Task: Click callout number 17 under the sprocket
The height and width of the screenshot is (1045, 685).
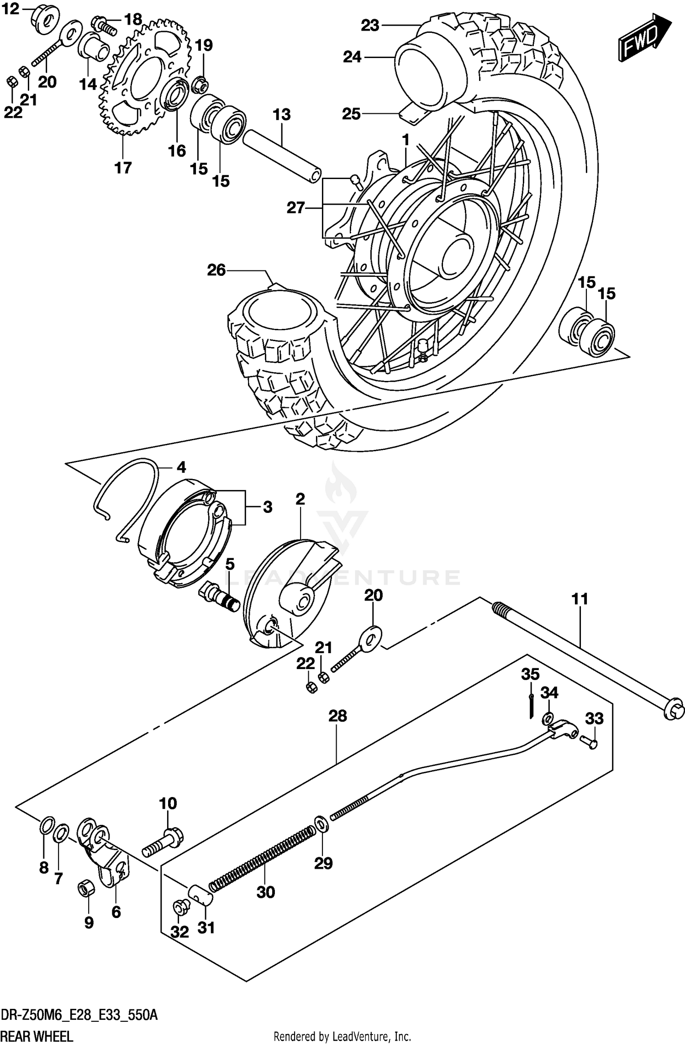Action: point(123,168)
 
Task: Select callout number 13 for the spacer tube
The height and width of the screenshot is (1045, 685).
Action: point(282,114)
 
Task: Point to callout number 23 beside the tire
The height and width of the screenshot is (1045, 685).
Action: point(370,26)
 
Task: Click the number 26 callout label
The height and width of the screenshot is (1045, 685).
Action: point(216,270)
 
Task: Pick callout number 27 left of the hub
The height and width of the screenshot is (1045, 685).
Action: point(295,208)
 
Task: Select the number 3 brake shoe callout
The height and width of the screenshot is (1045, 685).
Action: point(267,507)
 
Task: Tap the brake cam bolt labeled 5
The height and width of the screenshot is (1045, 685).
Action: point(219,596)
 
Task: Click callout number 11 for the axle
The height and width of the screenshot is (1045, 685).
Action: point(580,599)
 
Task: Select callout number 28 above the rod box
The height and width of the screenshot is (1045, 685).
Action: point(337,716)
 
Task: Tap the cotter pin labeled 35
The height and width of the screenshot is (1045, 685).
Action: point(531,705)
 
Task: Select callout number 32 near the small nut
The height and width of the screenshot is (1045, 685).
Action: point(179,932)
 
